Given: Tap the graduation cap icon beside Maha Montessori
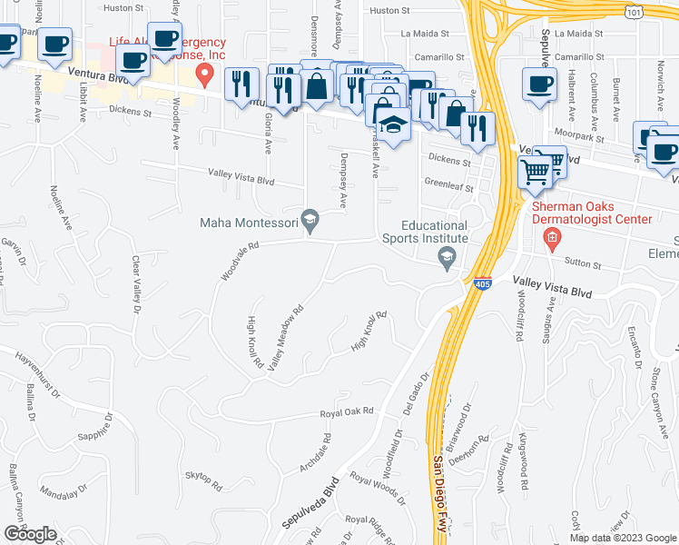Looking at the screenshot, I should [310, 218].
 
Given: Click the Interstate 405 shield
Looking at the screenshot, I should [483, 284].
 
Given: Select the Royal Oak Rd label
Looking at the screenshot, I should [347, 411].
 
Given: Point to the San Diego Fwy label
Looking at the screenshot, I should [439, 495].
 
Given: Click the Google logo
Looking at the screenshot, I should [29, 534].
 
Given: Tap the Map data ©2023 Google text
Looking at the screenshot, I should [623, 538].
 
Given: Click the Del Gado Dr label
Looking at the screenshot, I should [417, 393].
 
